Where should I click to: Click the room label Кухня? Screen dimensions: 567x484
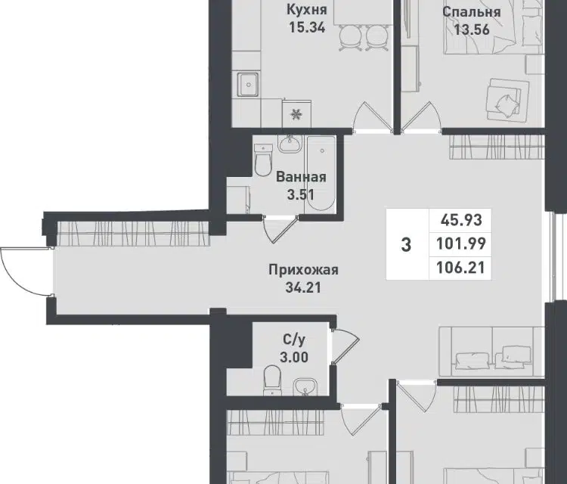307,10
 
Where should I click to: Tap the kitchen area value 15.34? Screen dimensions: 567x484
307,27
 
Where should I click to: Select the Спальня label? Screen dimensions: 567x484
472,12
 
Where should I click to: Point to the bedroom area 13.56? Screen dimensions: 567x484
472,29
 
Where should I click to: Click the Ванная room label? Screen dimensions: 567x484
301,177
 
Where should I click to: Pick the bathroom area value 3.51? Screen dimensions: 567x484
300,194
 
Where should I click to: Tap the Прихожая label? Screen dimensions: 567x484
303,270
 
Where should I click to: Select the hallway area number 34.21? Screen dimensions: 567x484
303,287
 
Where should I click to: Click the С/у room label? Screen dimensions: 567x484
294,340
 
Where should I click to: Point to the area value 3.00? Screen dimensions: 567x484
294,358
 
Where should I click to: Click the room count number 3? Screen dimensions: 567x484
407,245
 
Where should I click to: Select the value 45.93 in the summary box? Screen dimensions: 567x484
461,220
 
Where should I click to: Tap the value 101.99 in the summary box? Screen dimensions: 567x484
460,244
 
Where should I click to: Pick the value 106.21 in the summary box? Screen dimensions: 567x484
460,268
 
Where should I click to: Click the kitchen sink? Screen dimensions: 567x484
248,84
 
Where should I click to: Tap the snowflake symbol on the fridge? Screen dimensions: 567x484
296,115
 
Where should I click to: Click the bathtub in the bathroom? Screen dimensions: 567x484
321,173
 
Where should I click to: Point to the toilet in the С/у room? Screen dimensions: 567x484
273,380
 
